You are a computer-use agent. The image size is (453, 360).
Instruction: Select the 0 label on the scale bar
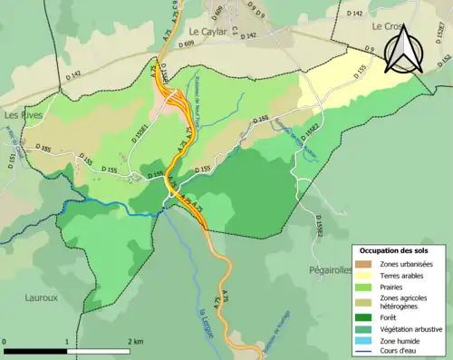[5, 342]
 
